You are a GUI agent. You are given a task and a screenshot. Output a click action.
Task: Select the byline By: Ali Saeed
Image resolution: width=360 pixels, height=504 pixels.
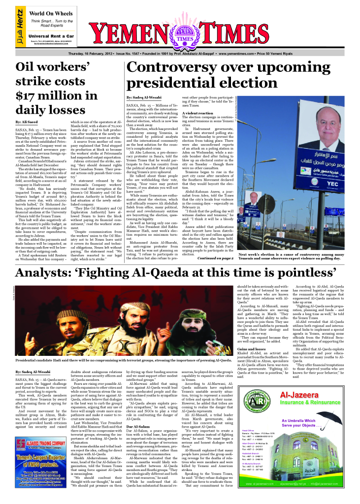pos(27,121)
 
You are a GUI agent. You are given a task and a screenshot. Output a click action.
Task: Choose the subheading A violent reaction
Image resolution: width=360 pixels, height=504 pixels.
pos(198,113)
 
